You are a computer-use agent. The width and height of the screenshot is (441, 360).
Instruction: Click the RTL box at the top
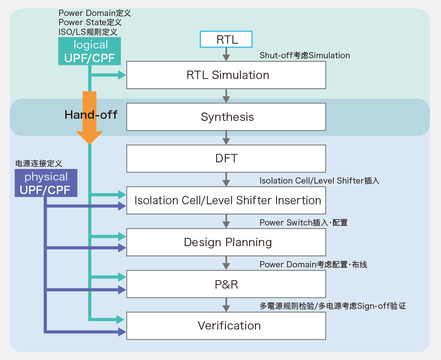pos(226,39)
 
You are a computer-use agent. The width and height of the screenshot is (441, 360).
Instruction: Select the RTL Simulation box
pos(226,75)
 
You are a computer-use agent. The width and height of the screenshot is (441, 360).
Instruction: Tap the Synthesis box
pos(226,117)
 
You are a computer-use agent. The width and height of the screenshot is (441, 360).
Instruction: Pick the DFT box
pos(226,158)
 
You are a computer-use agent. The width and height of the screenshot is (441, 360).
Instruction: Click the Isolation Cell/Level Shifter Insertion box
pos(226,200)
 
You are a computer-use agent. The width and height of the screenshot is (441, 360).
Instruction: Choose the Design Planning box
pos(226,242)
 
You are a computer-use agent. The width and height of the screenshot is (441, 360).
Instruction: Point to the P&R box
pos(226,284)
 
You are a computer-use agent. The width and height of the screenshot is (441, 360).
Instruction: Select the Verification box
pos(226,326)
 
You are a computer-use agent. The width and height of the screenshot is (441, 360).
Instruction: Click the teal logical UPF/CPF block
pos(90,51)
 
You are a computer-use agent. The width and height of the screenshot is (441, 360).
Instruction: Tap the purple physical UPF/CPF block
pos(46,183)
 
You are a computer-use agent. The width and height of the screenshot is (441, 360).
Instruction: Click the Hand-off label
pos(91,115)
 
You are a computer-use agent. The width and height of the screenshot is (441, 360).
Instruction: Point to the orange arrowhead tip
pos(90,144)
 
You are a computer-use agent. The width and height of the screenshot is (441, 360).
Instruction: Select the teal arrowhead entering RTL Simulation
pos(122,75)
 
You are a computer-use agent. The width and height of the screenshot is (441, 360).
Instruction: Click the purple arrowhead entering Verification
pos(122,332)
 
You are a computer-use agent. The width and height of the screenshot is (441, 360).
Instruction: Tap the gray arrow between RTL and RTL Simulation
pos(226,54)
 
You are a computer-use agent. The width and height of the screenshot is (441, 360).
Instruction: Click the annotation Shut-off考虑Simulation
pos(305,56)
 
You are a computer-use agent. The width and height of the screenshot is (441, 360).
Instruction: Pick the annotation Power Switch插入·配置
pos(303,223)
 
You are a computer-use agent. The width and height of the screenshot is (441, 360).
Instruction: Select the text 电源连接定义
pos(38,164)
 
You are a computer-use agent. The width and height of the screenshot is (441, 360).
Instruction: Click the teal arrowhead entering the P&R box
pos(122,277)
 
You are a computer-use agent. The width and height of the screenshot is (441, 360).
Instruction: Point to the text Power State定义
pos(90,22)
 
